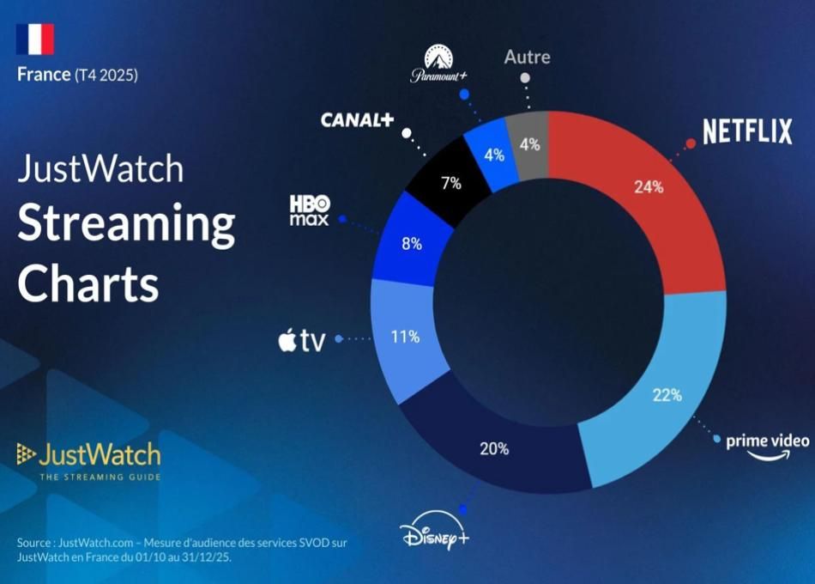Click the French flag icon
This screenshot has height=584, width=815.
pyautogui.click(x=35, y=39)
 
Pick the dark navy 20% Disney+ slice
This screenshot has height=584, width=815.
pyautogui.click(x=494, y=447)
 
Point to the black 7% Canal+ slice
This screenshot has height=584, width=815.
pyautogui.click(x=450, y=182)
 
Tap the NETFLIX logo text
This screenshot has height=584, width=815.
pyautogui.click(x=747, y=131)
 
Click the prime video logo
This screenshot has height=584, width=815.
pyautogui.click(x=768, y=447)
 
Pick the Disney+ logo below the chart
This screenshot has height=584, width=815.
pyautogui.click(x=434, y=535)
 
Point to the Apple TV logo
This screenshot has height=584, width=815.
pyautogui.click(x=301, y=340)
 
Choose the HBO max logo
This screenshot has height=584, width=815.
pyautogui.click(x=309, y=210)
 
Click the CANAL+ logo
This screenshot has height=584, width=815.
pyautogui.click(x=357, y=120)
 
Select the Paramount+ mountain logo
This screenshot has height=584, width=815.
pyautogui.click(x=438, y=64)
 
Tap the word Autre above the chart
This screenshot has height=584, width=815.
pyautogui.click(x=527, y=57)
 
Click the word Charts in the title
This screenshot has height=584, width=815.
pyautogui.click(x=88, y=283)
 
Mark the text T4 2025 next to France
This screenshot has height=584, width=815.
pyautogui.click(x=106, y=76)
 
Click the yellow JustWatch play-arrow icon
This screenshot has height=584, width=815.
pyautogui.click(x=26, y=453)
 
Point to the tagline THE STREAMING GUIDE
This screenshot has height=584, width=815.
pyautogui.click(x=100, y=477)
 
